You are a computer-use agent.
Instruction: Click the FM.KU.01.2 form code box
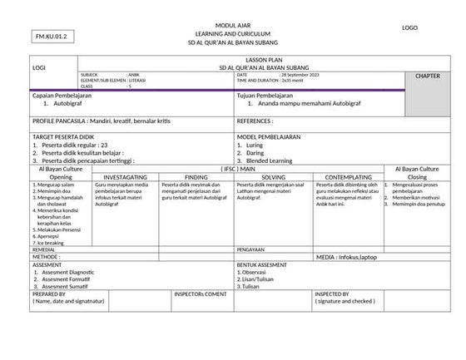click(x=51, y=37)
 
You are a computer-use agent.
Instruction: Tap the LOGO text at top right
click(x=409, y=28)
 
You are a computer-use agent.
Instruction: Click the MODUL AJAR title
click(x=232, y=26)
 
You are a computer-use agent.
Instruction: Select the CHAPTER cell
click(x=428, y=76)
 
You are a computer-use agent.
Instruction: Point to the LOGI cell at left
click(x=38, y=67)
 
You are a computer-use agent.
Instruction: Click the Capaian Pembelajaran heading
click(x=61, y=96)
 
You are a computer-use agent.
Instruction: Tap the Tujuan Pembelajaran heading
click(x=267, y=96)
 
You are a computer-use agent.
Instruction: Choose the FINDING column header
click(x=196, y=177)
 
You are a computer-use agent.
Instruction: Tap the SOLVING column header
click(x=273, y=177)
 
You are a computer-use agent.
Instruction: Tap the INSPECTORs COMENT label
click(x=200, y=293)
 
